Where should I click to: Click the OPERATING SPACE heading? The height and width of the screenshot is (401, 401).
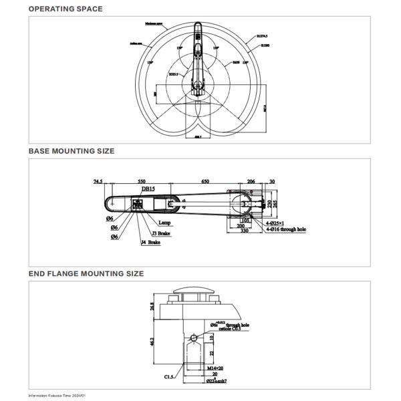65,9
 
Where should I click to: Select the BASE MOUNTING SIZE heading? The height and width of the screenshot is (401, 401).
71,151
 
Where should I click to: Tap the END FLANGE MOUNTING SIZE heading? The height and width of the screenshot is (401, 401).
86,273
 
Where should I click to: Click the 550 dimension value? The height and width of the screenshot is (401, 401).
142,181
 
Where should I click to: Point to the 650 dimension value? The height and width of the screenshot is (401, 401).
205,181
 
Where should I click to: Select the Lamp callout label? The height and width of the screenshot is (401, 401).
164,223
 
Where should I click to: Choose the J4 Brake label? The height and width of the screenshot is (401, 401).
150,243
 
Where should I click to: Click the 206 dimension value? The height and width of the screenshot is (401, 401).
251,181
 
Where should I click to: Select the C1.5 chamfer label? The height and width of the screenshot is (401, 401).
170,377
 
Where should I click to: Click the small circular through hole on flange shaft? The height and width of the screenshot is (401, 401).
194,338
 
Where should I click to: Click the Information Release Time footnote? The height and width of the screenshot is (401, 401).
57,396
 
